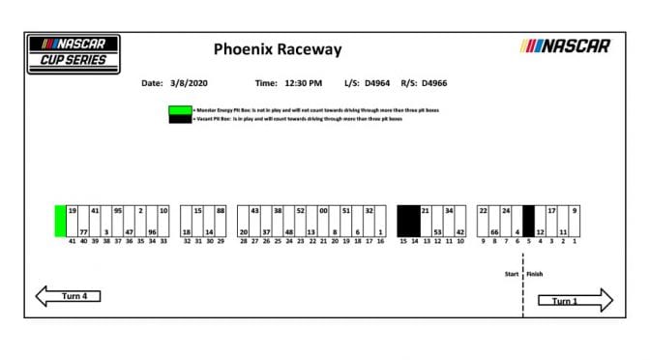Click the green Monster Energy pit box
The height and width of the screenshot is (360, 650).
pos(60,222)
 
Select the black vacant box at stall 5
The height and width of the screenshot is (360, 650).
pos(528,222)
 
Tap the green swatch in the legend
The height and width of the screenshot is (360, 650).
pos(180,112)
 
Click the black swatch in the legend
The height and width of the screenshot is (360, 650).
pos(180,120)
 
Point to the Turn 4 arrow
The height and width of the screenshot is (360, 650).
pos(68,296)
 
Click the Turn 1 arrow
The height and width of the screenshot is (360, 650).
pos(576,300)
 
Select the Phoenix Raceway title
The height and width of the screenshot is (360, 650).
pos(277,49)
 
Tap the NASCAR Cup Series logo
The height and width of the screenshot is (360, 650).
pos(74,54)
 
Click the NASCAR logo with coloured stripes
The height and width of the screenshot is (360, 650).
pos(566,45)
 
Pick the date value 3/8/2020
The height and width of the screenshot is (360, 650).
pos(190,83)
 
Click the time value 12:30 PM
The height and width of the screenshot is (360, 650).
pos(303,83)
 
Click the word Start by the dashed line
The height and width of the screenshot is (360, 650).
pos(512,274)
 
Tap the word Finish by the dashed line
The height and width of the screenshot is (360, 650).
pos(535,274)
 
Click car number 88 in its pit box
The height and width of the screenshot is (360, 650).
pos(221,210)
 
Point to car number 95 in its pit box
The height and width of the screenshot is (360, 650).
pos(118,210)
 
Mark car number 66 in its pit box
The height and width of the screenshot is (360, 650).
pos(494,232)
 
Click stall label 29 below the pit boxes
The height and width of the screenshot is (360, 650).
pos(221,242)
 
